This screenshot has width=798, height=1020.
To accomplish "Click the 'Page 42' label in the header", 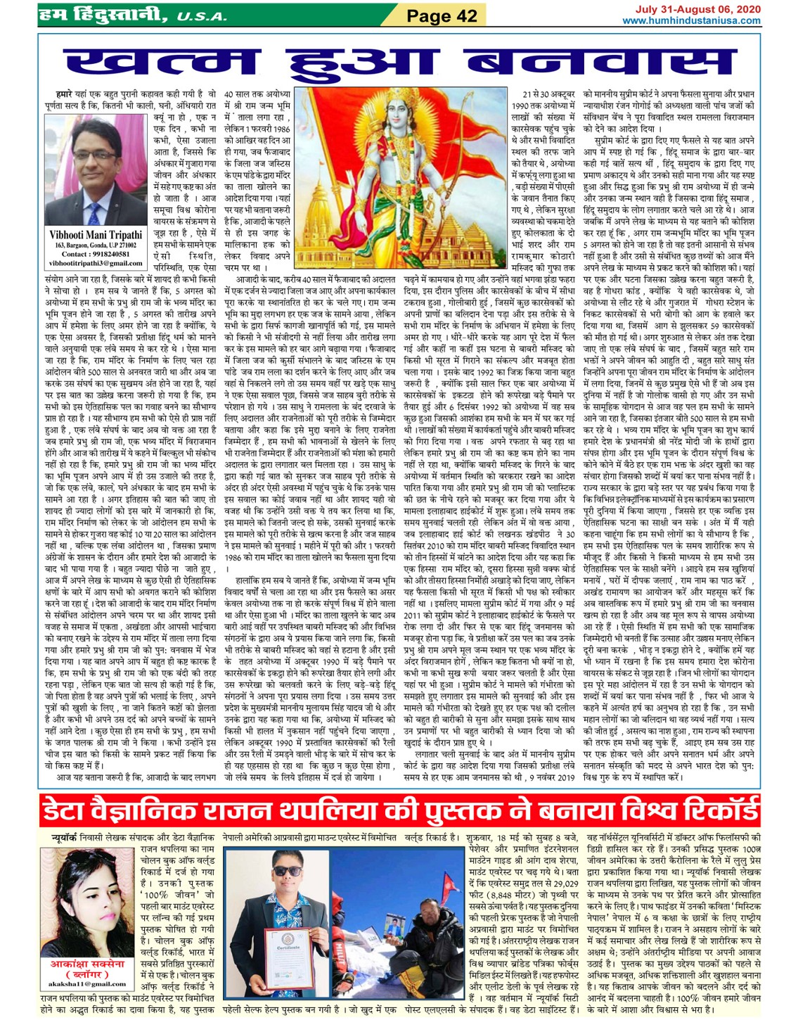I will point(442,15).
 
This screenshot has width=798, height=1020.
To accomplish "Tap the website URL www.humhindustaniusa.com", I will point(691,20).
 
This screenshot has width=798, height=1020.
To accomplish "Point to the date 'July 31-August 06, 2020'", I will point(697,9).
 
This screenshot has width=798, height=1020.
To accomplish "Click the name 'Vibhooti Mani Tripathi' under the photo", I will point(96,235).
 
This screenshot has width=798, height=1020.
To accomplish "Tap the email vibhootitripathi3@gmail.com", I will point(96,263).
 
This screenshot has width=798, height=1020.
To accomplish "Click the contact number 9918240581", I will point(105,254).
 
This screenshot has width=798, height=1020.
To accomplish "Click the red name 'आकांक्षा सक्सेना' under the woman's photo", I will point(87,964).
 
